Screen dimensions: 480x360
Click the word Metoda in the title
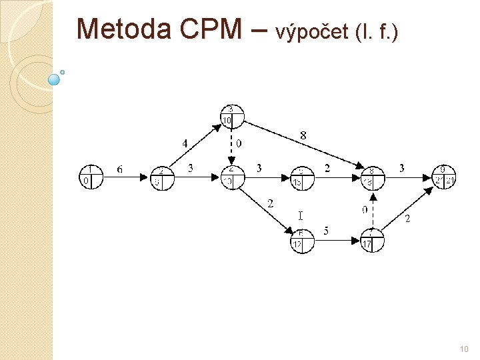coord(117,29)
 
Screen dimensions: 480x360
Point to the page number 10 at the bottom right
coord(464,349)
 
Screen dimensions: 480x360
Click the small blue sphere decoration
coord(55,79)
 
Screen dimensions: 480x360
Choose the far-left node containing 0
coord(91,177)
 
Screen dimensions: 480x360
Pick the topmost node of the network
coord(232,116)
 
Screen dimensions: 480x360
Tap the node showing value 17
coord(372,241)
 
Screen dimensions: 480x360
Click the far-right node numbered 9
coord(444,177)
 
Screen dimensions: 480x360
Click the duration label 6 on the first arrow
coord(119,169)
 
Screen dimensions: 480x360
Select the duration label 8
coord(303,136)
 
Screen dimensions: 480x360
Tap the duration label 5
coord(326,231)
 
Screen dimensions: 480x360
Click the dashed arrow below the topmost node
coord(232,146)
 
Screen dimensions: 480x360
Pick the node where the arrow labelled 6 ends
coord(162,177)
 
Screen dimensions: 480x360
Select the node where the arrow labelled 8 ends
coord(372,177)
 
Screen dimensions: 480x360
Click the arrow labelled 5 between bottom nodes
coord(337,241)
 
